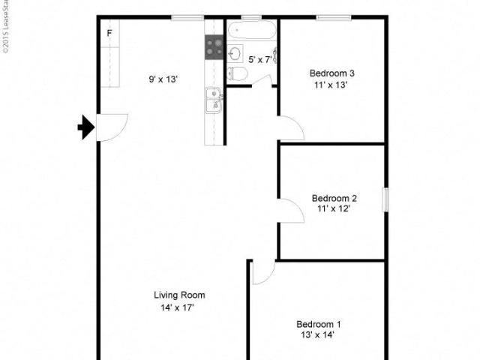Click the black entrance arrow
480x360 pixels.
coord(86,127)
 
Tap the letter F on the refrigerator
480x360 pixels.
coord(109,33)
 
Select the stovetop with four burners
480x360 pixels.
coord(214,47)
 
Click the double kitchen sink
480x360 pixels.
coord(214,100)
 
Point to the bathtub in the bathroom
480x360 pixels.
coord(252,30)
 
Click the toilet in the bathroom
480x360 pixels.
coord(238,73)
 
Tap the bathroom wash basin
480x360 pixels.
coord(235,54)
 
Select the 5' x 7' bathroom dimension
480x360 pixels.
coord(260,60)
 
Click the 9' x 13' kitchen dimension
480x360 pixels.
coord(163,79)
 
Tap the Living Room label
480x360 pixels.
coord(179,295)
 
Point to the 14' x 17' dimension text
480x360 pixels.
coord(178,307)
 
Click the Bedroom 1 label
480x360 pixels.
coord(318,324)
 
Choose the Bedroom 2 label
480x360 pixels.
coord(334,198)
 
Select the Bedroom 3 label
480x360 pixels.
coord(331,73)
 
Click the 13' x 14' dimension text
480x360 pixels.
coord(317,335)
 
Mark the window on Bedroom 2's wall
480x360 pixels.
coord(386,199)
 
